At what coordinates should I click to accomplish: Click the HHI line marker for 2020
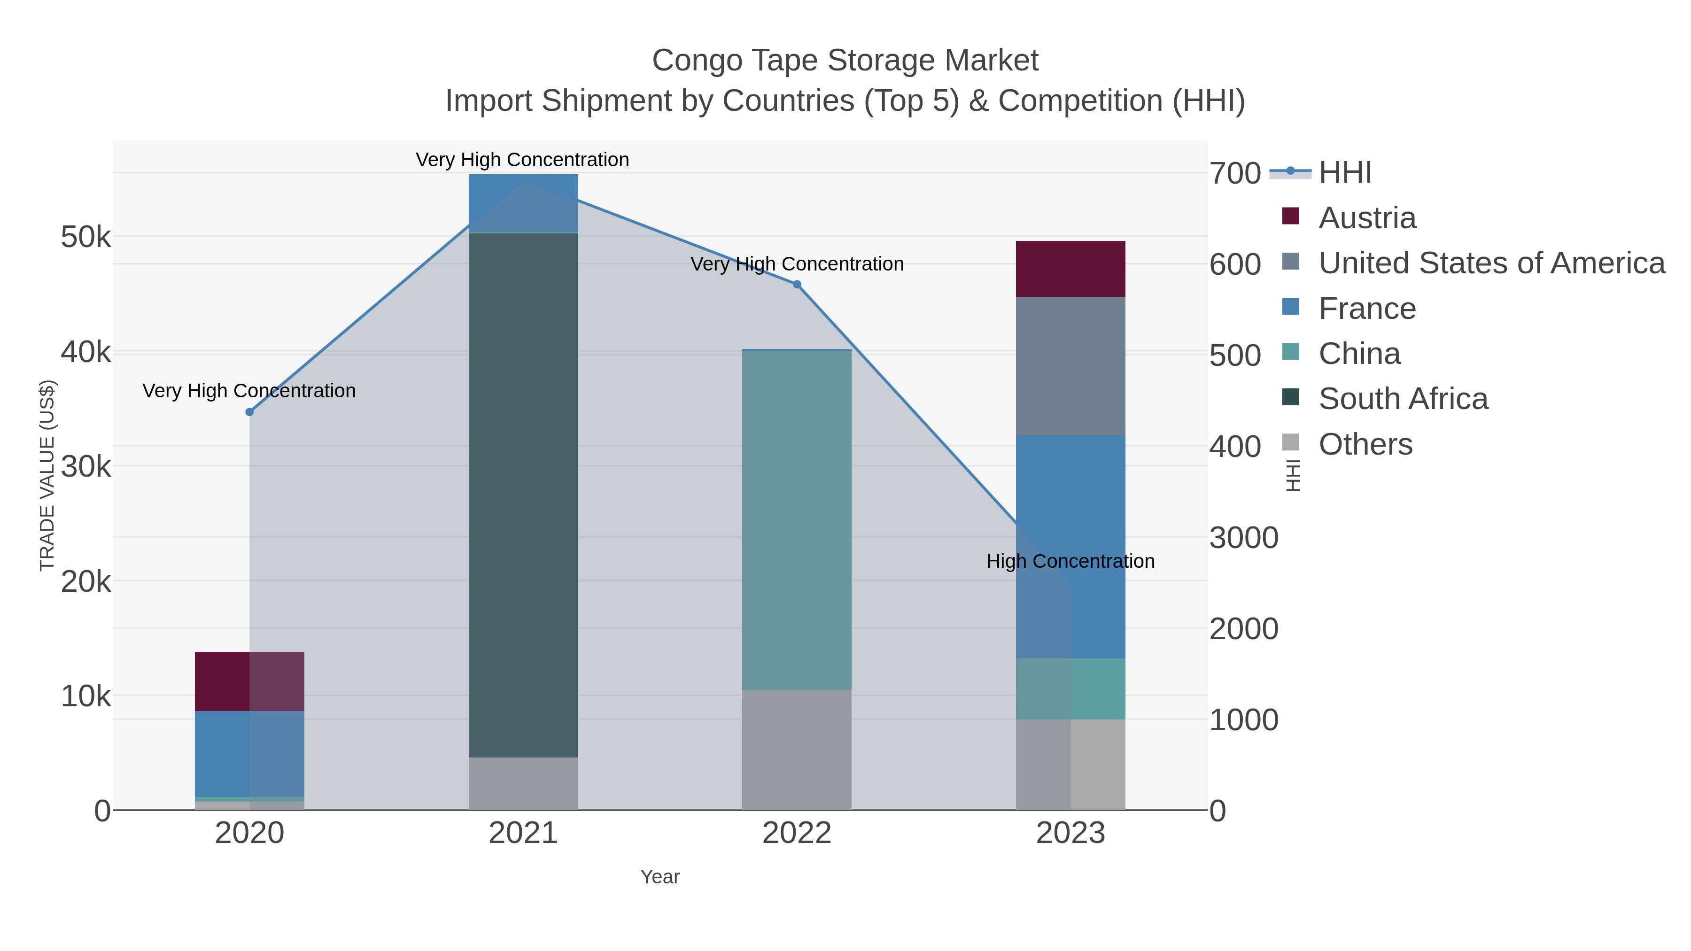point(249,412)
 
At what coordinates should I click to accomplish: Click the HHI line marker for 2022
point(797,284)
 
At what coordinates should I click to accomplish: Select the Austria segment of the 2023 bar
point(1070,269)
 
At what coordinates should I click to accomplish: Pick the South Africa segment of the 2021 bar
point(523,495)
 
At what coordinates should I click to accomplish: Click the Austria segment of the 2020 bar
point(249,681)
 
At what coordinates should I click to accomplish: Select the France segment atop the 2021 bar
point(523,203)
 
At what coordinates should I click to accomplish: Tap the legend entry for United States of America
point(1491,263)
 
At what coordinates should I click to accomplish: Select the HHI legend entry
point(1344,173)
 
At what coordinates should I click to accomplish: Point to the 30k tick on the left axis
point(86,467)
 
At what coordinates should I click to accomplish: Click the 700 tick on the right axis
point(1235,174)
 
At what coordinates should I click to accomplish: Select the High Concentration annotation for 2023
point(1070,561)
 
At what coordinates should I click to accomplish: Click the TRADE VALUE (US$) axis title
point(47,475)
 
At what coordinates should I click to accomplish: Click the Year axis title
point(660,877)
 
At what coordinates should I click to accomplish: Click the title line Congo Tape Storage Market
point(845,61)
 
